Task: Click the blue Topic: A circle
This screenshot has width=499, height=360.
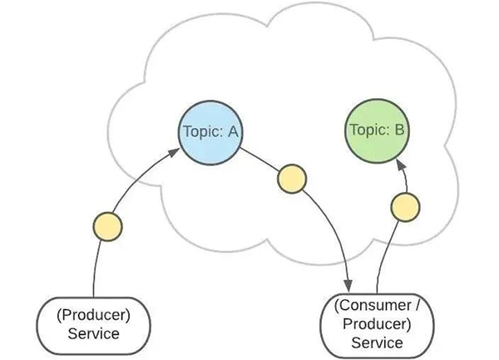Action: tap(211, 131)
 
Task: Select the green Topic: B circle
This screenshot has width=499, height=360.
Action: tap(378, 131)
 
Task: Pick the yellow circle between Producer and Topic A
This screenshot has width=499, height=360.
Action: tap(107, 225)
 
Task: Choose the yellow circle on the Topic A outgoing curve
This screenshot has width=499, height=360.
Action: tap(291, 178)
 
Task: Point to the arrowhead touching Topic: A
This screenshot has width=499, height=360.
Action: tap(174, 152)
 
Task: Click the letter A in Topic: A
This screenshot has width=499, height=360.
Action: tap(232, 130)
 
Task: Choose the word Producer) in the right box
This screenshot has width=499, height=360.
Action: tap(377, 323)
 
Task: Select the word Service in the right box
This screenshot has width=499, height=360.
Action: tap(377, 342)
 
